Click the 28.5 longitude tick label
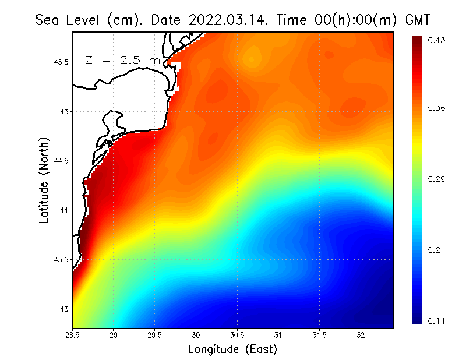tap(73, 335)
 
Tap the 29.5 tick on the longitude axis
tap(155, 335)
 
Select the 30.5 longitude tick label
tap(237, 335)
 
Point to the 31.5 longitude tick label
tap(319, 335)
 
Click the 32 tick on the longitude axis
tap(361, 335)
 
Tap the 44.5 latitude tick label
tap(61, 161)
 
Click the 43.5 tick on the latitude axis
tap(61, 259)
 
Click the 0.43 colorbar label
tap(436, 40)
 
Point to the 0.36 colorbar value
tap(436, 108)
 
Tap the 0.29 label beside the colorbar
tap(436, 179)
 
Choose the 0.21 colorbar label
tap(436, 250)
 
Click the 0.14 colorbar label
tap(436, 321)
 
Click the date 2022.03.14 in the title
tap(226, 20)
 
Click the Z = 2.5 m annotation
tap(122, 60)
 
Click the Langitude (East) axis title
tap(232, 350)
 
